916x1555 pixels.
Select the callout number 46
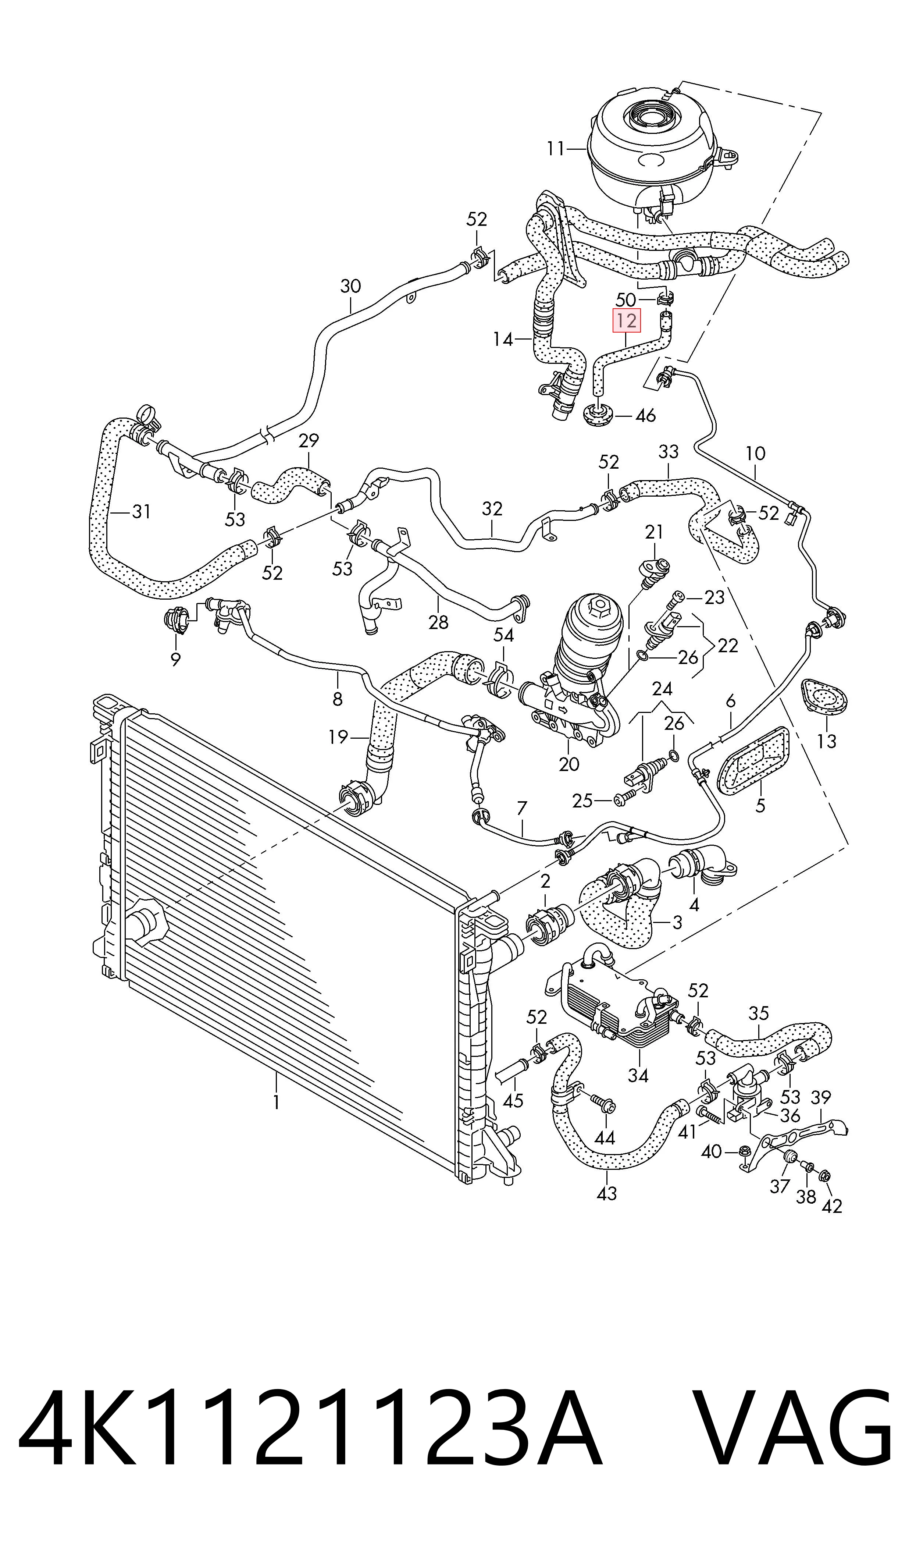coord(646,415)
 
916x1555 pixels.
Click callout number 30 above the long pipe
coord(350,287)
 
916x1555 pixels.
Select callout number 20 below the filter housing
coord(569,764)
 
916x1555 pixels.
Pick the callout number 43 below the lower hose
coord(607,1193)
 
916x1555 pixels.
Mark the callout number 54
coord(504,635)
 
